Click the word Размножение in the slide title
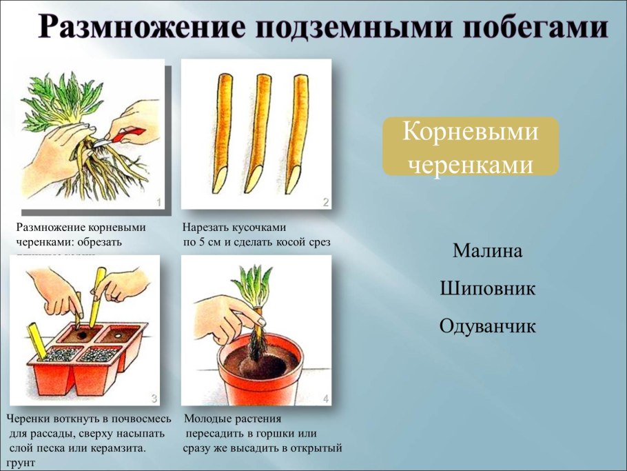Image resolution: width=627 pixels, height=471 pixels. coord(131,28)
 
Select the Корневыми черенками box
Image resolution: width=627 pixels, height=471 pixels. coord(470,146)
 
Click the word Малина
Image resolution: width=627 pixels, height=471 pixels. coord(487,251)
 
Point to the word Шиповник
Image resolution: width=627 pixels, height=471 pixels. coord(487,289)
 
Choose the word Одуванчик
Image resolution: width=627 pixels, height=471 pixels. coord(487,326)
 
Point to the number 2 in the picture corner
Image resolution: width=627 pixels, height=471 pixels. coord(325,203)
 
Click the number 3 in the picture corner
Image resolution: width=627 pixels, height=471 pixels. coord(154,399)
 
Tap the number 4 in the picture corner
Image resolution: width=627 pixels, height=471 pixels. coord(325,399)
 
